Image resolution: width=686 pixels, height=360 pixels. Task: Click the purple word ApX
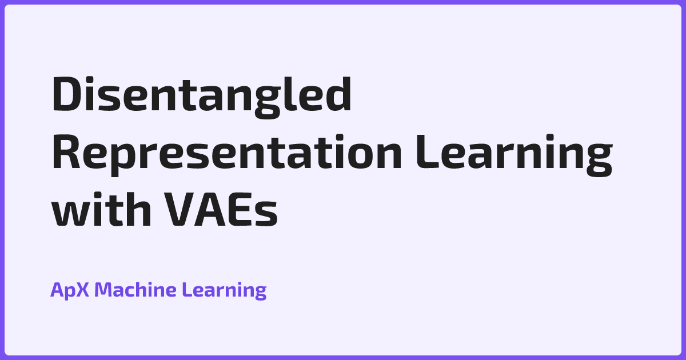(x=70, y=290)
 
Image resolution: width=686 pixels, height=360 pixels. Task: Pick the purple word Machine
(x=135, y=290)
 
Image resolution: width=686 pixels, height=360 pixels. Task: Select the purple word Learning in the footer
(x=224, y=290)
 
